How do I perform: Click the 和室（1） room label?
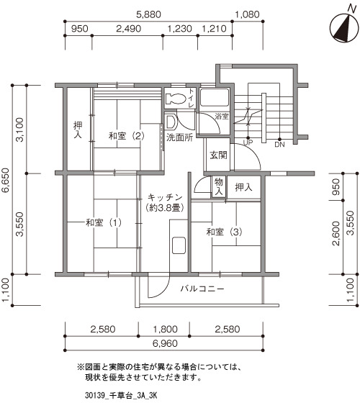(104, 223)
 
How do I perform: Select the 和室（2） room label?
(127, 136)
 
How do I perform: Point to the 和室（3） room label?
(224, 232)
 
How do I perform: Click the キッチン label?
(165, 197)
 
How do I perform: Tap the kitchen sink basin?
(179, 245)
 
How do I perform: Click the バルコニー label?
(202, 289)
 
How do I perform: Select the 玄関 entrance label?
(218, 155)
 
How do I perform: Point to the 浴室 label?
(222, 117)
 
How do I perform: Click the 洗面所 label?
(179, 137)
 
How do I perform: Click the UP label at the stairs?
(248, 143)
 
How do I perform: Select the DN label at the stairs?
(279, 145)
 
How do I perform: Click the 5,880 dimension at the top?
(148, 14)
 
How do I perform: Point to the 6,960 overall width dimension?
(165, 343)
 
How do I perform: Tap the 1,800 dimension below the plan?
(165, 329)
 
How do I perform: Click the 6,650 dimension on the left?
(5, 180)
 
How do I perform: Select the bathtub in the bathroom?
(215, 97)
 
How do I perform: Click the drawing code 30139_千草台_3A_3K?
(121, 396)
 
